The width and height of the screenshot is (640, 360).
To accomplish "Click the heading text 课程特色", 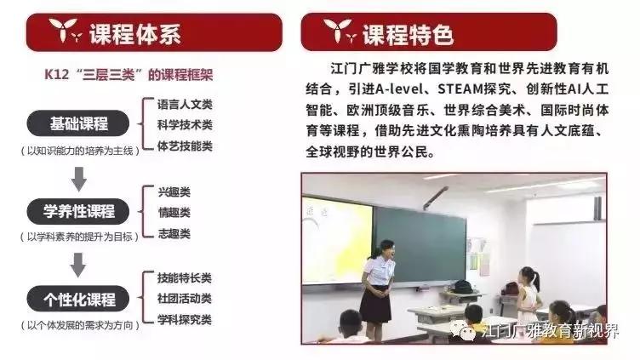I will [x=408, y=35].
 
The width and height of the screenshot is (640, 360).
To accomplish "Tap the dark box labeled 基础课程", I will [x=79, y=123].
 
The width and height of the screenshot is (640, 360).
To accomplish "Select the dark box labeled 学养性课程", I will [x=79, y=211].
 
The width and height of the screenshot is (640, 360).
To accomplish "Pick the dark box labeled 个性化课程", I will [x=79, y=299].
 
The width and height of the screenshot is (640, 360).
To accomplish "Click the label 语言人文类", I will [x=185, y=104].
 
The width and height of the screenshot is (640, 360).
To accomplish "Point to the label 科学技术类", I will [x=185, y=124].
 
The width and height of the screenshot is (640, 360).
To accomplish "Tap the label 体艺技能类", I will [x=185, y=146].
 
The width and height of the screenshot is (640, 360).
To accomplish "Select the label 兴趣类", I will [x=174, y=191].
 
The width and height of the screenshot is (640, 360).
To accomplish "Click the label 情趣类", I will [x=174, y=212].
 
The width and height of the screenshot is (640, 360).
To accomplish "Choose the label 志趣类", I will [x=174, y=233].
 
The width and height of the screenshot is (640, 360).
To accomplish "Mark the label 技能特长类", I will [x=185, y=278].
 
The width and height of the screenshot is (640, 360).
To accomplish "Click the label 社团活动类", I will [x=185, y=299].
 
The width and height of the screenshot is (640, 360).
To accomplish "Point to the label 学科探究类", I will [x=185, y=320].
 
